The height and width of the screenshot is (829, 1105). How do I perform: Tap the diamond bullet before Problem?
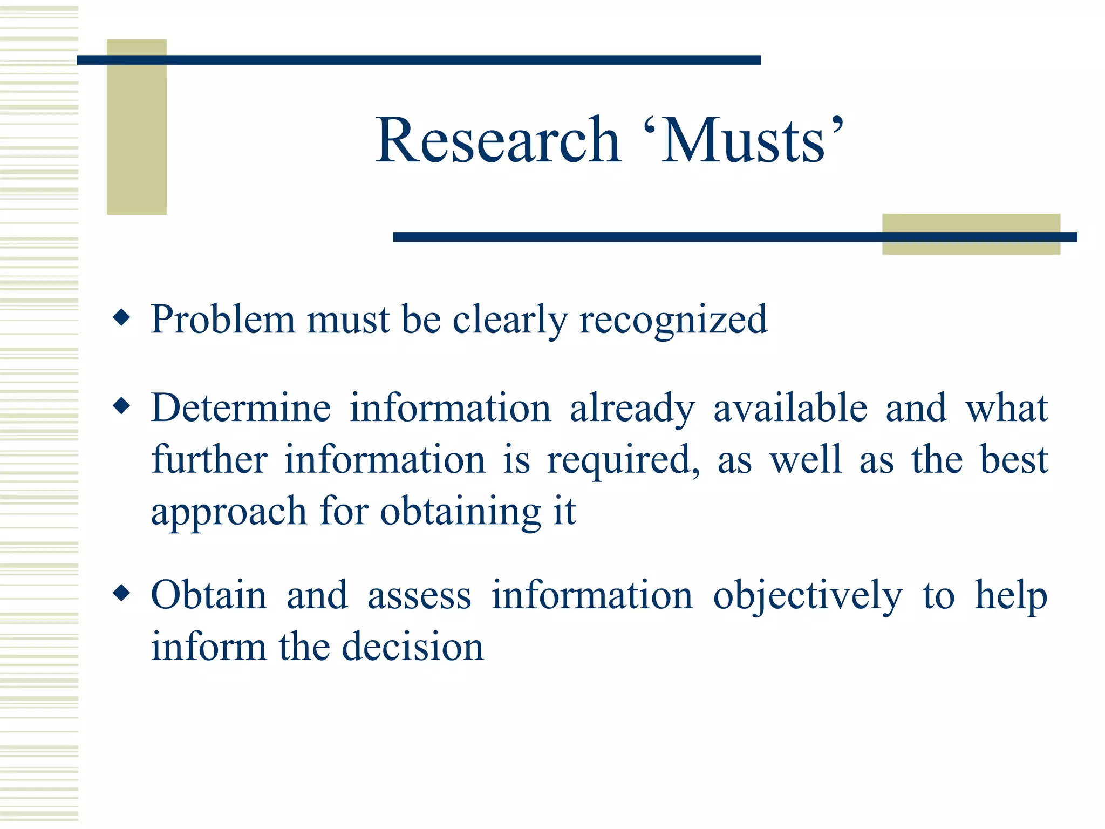(122, 317)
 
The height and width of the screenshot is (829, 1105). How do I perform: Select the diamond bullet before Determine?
(122, 406)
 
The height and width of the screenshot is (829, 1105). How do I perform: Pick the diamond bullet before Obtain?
(122, 593)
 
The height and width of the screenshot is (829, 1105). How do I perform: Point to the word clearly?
(509, 320)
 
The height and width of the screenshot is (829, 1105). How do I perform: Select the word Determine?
(241, 407)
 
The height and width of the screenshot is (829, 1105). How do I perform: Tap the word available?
(790, 407)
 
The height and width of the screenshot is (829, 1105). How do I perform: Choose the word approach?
(229, 512)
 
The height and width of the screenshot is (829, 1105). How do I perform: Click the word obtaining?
(460, 512)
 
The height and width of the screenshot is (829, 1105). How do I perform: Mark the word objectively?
(807, 596)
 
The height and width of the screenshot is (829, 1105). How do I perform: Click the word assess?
(419, 596)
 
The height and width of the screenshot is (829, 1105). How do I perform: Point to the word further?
(209, 459)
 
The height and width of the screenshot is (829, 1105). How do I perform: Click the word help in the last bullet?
(1011, 596)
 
